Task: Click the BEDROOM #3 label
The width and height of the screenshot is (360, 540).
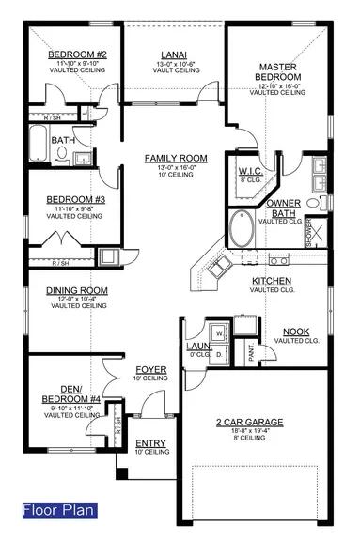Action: click(71, 200)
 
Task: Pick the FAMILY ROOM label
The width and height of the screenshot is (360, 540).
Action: click(168, 159)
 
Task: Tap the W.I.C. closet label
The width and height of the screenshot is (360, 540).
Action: click(249, 171)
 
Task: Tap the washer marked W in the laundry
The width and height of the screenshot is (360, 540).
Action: click(218, 332)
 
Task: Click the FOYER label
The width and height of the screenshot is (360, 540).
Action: click(150, 369)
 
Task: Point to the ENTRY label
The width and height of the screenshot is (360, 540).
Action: click(150, 443)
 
